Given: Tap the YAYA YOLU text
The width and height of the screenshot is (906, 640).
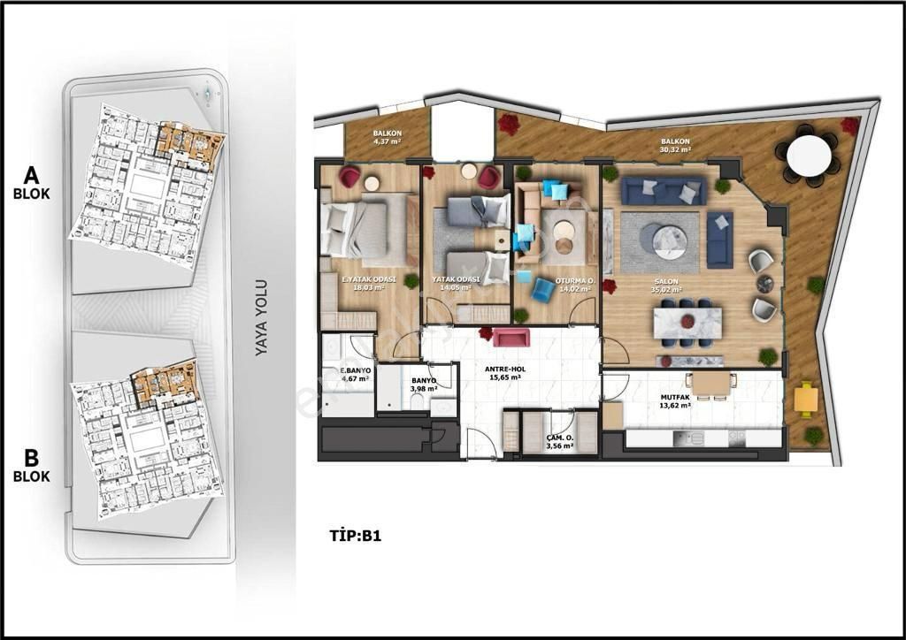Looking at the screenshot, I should point(261,318).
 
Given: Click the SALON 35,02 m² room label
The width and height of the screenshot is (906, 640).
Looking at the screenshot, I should point(666,286).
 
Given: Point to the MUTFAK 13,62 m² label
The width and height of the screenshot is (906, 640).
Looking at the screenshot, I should point(677,402).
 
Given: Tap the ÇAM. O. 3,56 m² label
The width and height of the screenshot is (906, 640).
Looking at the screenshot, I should point(560,442).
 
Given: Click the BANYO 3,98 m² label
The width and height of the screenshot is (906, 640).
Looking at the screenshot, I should point(426,387).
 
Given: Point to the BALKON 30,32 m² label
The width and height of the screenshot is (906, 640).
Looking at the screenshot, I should point(676,146).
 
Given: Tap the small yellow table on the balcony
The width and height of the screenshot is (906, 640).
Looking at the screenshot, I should point(806,400).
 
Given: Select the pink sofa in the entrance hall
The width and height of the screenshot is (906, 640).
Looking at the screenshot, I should point(511,338).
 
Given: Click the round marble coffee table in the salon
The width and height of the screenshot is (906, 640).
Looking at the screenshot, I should point(669,241).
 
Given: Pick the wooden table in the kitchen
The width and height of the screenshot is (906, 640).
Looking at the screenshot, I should point(713,383).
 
